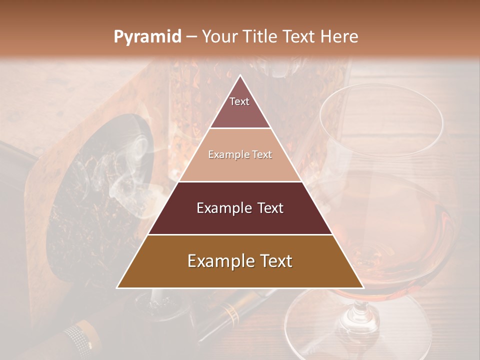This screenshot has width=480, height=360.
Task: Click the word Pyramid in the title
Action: pyautogui.click(x=147, y=37)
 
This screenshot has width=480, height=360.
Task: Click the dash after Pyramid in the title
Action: pyautogui.click(x=191, y=37)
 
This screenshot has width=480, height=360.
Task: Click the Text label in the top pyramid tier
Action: pyautogui.click(x=239, y=101)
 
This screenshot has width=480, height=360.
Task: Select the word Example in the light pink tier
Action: pyautogui.click(x=225, y=155)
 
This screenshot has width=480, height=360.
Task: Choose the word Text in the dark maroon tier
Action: pyautogui.click(x=270, y=208)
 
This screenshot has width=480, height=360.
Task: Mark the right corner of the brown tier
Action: pyautogui.click(x=363, y=287)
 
